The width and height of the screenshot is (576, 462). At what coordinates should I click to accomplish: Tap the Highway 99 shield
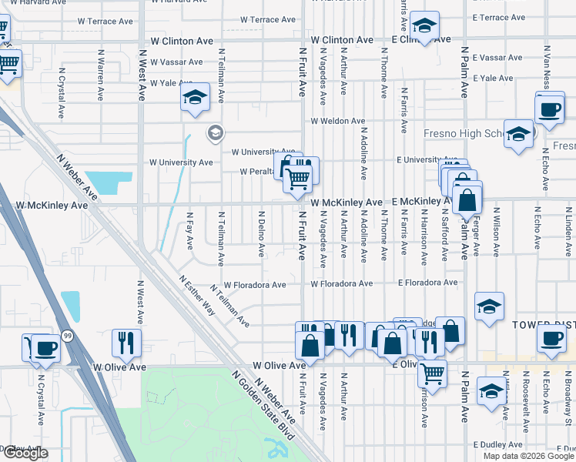[x=68, y=336]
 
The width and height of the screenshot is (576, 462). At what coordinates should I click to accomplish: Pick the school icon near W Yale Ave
[x=196, y=99]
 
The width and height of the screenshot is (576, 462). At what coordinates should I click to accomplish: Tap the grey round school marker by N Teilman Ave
[x=215, y=134]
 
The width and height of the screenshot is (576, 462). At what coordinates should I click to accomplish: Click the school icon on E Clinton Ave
[x=424, y=25]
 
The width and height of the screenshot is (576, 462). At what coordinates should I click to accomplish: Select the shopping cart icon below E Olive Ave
[x=432, y=375]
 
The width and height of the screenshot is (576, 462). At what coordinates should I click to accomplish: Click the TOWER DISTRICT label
[x=544, y=326]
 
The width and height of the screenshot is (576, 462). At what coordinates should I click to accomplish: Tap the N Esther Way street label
[x=197, y=296]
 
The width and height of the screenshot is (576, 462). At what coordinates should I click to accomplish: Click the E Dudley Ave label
[x=498, y=444]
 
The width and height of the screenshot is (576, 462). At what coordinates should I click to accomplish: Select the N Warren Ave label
[x=101, y=76]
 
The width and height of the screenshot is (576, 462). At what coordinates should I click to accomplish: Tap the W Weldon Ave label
[x=337, y=121]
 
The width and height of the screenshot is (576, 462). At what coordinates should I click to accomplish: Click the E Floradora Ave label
[x=427, y=283]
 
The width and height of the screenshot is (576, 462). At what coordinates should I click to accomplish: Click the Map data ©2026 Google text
[x=527, y=456]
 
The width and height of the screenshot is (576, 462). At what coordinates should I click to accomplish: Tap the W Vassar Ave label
[x=176, y=62]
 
